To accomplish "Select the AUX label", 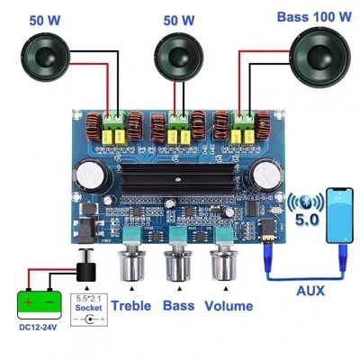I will [x=310, y=290].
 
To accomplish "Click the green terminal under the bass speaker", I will [x=244, y=117].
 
